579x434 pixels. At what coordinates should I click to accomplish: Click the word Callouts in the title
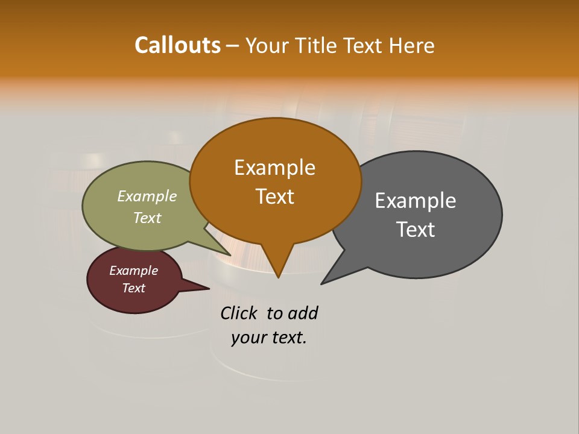coord(177,45)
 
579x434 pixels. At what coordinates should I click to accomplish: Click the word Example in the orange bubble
coord(274,168)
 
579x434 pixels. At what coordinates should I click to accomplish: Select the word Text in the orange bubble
coord(275,197)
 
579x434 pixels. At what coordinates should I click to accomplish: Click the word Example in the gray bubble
coord(416,201)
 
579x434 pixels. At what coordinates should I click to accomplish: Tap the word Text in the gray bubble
coord(416,230)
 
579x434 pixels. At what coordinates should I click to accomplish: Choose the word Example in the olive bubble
coord(147,197)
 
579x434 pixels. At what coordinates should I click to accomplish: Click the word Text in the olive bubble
coord(147,218)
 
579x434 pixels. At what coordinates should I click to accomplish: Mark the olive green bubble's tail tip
coord(229,254)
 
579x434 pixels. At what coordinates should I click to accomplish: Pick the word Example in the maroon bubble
coord(134,271)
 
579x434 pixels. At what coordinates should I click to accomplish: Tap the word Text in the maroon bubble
coord(134,288)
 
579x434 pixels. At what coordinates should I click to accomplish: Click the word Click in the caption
coord(239,313)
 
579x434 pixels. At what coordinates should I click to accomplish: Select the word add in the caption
coord(302,313)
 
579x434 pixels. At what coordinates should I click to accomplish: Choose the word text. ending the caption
coord(288,338)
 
